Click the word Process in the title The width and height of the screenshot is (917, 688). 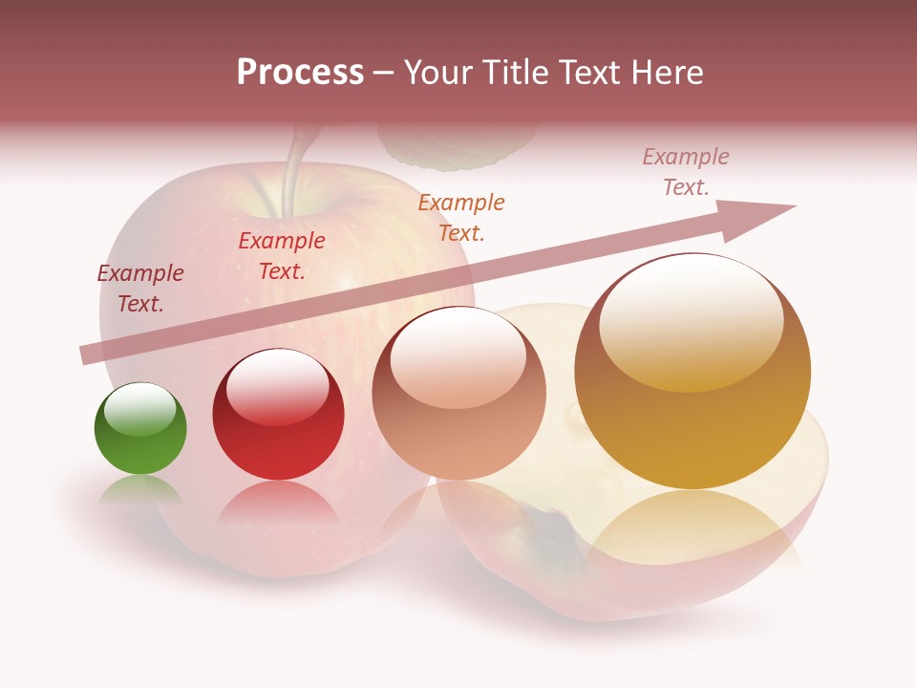point(300,73)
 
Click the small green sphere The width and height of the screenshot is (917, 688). point(140,429)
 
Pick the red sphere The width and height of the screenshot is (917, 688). point(278,414)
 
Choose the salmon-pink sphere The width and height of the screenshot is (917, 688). point(458,393)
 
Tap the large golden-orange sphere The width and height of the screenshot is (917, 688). point(693,371)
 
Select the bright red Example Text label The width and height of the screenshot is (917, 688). point(282,256)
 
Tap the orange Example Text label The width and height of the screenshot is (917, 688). point(461,218)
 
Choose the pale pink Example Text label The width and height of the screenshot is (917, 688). point(686,172)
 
